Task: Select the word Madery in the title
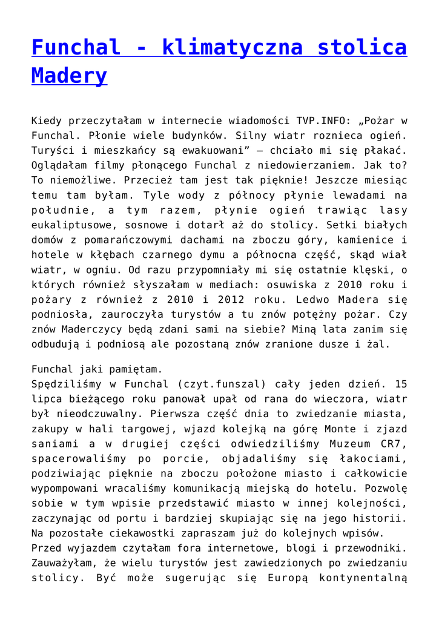[69, 76]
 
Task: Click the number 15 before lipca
[400, 384]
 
